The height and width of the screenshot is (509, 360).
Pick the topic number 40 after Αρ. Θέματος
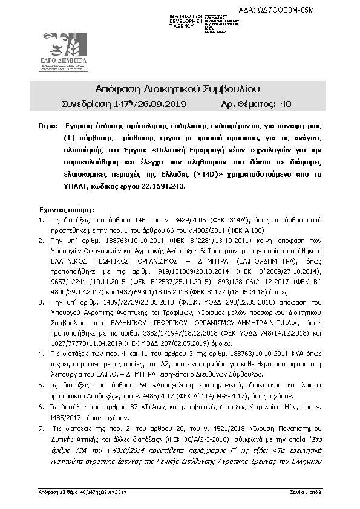pos(286,104)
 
